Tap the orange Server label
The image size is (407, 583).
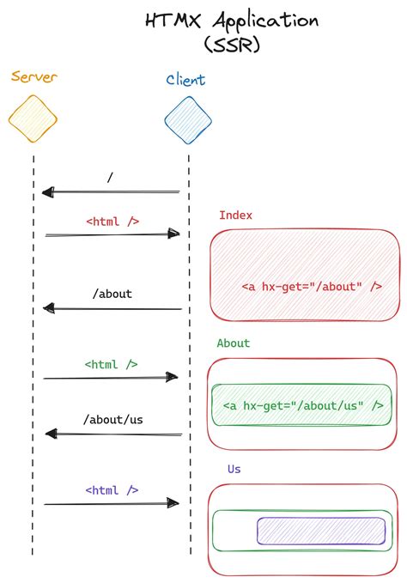point(33,77)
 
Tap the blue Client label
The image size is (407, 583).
point(186,81)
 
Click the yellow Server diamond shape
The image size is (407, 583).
point(33,118)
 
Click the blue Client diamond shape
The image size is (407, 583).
point(188,119)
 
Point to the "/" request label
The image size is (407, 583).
point(110,178)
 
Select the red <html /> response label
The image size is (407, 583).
point(112,221)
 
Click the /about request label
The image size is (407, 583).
point(112,293)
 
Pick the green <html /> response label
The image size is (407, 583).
point(111,364)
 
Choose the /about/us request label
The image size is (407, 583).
point(112,419)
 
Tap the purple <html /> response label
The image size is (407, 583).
point(112,489)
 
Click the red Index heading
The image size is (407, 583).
point(235,216)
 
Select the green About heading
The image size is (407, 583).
point(234,343)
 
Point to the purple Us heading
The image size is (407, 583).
point(234,469)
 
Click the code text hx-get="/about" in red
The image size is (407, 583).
point(312,287)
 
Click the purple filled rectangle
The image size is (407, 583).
point(321,531)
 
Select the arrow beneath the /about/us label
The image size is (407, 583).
point(112,434)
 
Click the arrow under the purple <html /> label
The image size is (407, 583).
point(112,504)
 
